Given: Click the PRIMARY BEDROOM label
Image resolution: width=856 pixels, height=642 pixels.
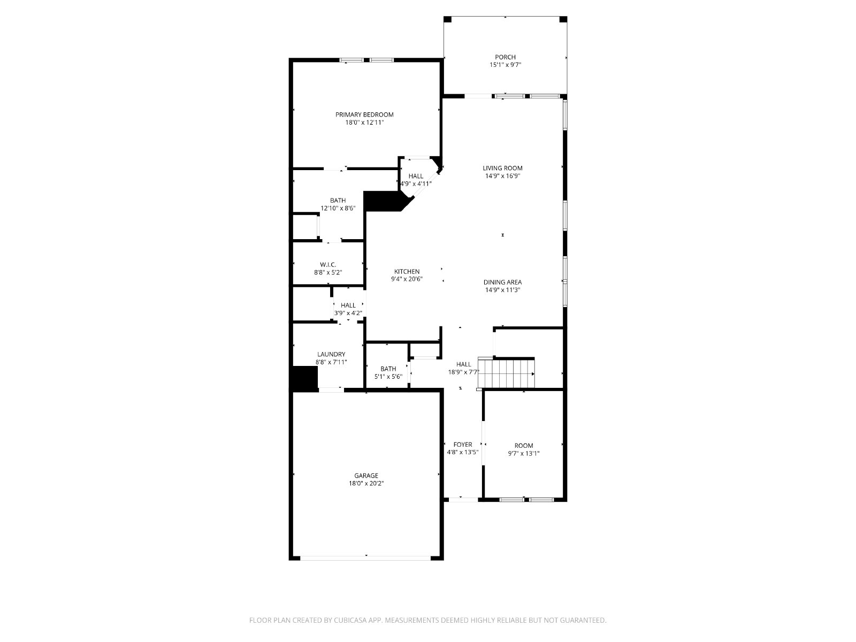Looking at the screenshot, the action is (364, 114).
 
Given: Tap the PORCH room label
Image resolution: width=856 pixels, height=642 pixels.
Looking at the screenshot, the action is (505, 57).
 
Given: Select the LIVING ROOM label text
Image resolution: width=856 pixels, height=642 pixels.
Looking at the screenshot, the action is (502, 168).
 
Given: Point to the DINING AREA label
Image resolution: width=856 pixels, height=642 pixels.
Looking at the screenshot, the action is (502, 282).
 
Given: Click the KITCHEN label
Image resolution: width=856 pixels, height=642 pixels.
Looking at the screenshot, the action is (407, 272).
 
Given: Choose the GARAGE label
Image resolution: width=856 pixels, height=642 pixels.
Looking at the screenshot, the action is (366, 476).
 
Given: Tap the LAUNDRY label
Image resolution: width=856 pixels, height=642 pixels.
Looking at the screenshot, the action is (331, 354).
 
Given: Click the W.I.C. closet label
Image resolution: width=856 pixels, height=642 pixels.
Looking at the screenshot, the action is (328, 265).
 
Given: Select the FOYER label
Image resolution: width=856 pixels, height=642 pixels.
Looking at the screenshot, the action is (463, 445).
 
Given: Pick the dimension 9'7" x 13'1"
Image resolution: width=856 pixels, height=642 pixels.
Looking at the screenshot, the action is (523, 453).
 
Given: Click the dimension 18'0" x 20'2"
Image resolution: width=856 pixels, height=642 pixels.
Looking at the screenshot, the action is (366, 483).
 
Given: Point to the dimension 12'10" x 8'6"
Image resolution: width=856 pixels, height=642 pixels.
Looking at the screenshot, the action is (338, 208).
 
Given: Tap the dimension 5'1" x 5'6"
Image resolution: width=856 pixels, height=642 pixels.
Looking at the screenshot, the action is (388, 377).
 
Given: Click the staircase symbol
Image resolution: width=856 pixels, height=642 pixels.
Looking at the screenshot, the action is (506, 373).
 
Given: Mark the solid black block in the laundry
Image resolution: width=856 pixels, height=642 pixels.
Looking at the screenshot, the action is (305, 379).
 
